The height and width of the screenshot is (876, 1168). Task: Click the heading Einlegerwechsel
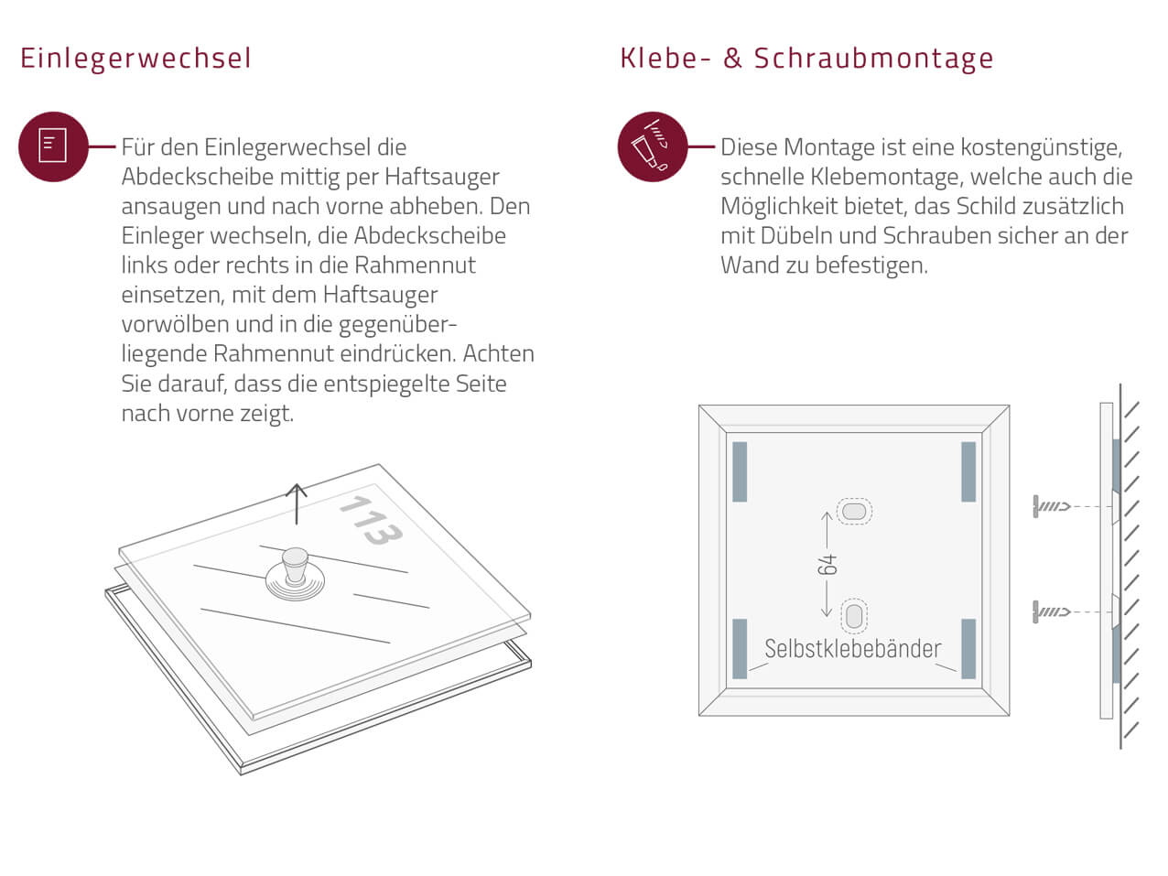pos(135,59)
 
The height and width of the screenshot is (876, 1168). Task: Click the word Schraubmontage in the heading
pos(873,59)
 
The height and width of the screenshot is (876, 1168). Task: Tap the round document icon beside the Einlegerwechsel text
pos(53,146)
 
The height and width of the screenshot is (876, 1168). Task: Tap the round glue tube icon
pos(652,146)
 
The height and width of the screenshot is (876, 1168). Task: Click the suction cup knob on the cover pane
pos(295,566)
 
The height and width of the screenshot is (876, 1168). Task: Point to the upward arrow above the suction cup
pos(297,503)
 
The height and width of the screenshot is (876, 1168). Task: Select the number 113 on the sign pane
pos(371,519)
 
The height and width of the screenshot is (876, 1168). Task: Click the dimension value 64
pos(827,565)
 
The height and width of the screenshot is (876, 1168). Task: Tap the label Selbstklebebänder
pos(852,649)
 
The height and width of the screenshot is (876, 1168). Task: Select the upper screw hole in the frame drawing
pos(854,511)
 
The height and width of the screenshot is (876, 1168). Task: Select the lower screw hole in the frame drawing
pos(854,615)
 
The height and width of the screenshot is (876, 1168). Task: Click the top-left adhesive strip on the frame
pos(740,471)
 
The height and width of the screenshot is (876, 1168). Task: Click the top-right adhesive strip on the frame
pos(968,471)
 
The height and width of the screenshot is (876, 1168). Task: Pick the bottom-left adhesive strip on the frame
pos(740,649)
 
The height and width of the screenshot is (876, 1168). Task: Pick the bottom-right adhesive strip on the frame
pos(968,649)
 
